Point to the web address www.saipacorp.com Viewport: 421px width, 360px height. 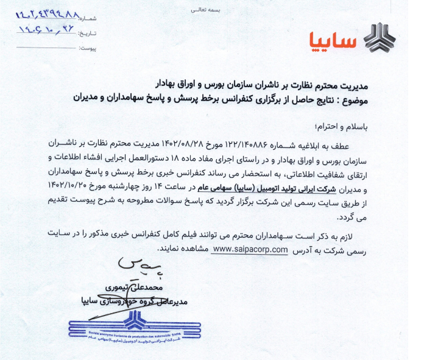250,249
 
